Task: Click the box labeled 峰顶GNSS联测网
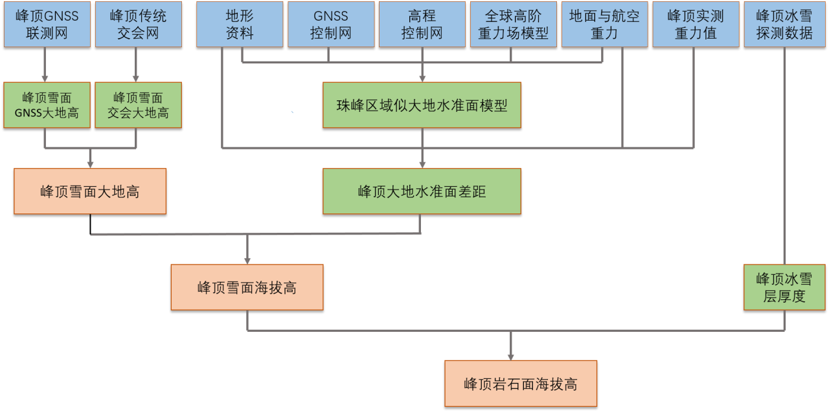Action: [x=47, y=25]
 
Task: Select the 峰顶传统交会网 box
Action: [x=139, y=25]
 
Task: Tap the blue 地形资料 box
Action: [x=240, y=25]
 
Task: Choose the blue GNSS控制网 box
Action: [x=331, y=25]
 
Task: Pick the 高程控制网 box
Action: [x=422, y=25]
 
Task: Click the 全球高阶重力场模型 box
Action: [x=514, y=25]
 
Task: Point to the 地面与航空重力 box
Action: [x=605, y=25]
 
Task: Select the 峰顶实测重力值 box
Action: [x=696, y=25]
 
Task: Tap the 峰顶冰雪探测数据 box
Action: [x=784, y=25]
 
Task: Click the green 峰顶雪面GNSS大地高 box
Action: [x=47, y=105]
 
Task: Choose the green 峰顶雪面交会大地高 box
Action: [x=139, y=105]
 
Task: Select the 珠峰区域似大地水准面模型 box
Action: [x=422, y=105]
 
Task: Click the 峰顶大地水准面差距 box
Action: [x=422, y=191]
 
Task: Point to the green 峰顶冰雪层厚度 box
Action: [x=784, y=287]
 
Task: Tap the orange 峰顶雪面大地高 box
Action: [x=90, y=191]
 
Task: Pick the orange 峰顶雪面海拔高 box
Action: [x=247, y=287]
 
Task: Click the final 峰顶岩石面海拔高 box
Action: [x=521, y=384]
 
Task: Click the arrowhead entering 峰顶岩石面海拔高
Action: [x=511, y=357]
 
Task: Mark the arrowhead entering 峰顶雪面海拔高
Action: [x=247, y=261]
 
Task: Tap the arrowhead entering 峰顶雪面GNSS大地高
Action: [x=45, y=79]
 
